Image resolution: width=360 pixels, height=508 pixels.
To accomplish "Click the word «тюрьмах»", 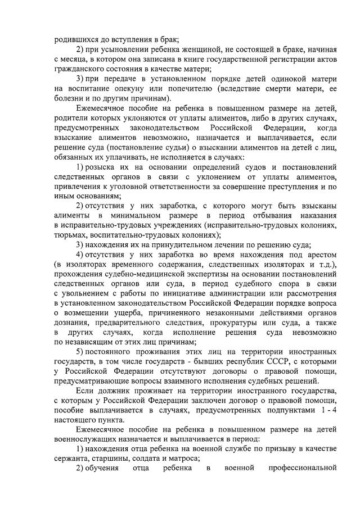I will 72,235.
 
